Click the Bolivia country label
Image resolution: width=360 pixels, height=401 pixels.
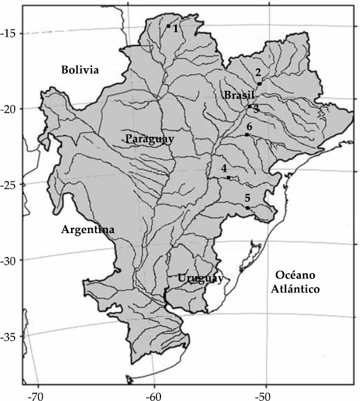tap(81, 70)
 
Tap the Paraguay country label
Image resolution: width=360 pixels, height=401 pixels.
tap(149, 138)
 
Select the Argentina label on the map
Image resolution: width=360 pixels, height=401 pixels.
tap(88, 230)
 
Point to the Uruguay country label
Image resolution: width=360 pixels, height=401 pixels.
tap(201, 279)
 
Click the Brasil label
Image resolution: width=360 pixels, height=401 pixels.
tap(239, 95)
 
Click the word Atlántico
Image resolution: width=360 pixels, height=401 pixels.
tap(296, 289)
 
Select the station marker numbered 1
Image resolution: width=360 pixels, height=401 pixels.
tap(168, 26)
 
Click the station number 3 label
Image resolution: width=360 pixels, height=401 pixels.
tap(256, 108)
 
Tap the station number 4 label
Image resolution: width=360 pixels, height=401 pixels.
tap(224, 168)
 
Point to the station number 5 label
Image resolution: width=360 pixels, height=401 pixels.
tap(247, 198)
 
